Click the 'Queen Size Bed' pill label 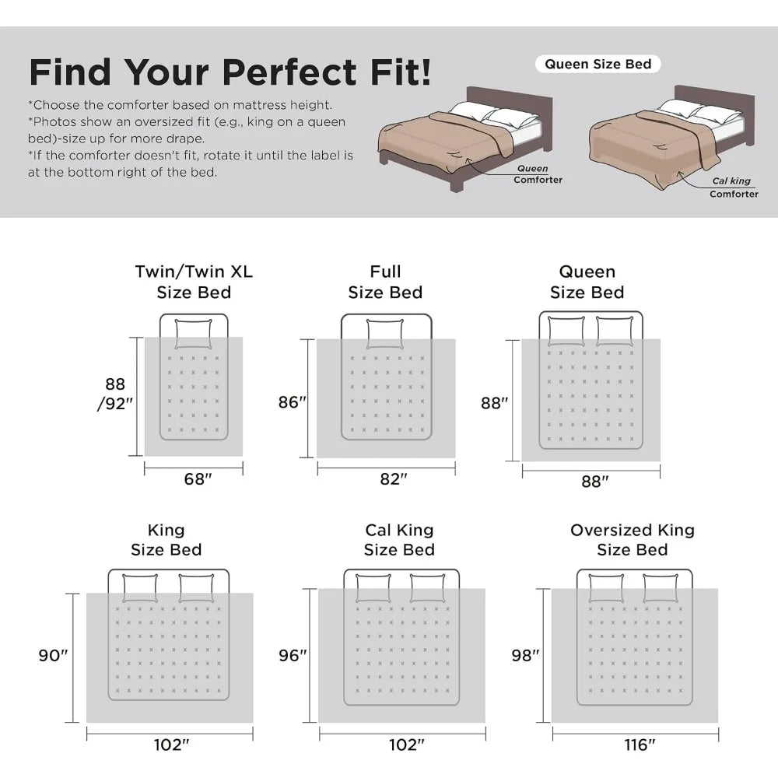click(598, 64)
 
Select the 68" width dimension click(198, 478)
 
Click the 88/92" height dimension click(115, 394)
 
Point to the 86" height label click(293, 402)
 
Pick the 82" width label click(394, 478)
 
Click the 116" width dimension click(640, 745)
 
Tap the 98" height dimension click(525, 655)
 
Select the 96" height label click(293, 655)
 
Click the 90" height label click(53, 655)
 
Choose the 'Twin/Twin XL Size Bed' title click(194, 282)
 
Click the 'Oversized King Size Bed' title click(632, 540)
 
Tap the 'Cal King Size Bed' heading click(399, 540)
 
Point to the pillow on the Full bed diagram click(385, 334)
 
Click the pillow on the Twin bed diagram click(194, 334)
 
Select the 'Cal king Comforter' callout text click(734, 187)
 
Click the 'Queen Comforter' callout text click(538, 174)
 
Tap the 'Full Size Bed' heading click(385, 282)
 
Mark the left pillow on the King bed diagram click(140, 588)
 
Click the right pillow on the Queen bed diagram click(615, 331)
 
